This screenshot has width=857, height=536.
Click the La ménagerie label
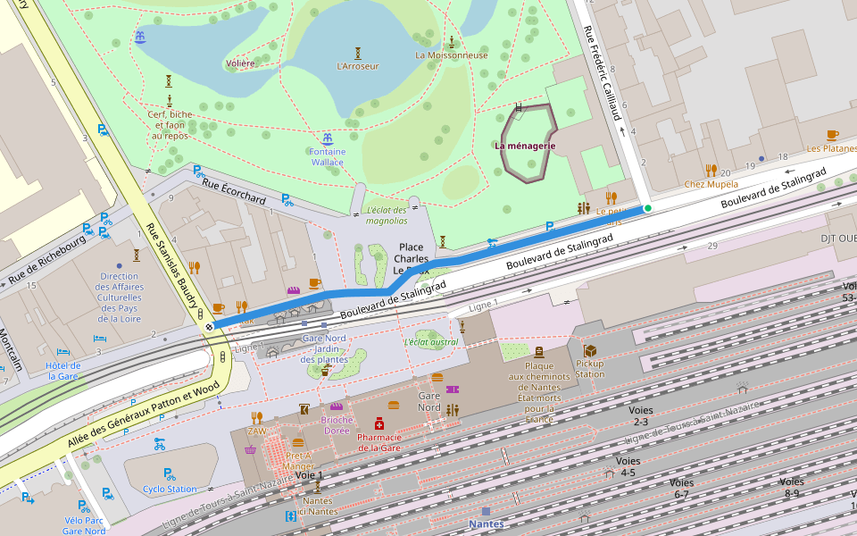click(x=525, y=146)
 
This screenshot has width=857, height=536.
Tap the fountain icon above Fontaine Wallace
click(x=328, y=138)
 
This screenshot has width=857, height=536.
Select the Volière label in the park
click(x=240, y=63)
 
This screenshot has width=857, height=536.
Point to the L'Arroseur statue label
click(x=357, y=66)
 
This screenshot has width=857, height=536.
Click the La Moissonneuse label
click(x=452, y=54)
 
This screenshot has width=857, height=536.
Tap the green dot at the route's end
click(x=648, y=208)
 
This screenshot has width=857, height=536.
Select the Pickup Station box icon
click(x=589, y=351)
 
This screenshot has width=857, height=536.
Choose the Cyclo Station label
click(x=170, y=489)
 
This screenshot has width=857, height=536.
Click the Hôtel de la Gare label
click(x=63, y=371)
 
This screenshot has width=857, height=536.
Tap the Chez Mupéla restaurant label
click(x=711, y=184)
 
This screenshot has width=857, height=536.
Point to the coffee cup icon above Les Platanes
click(x=832, y=135)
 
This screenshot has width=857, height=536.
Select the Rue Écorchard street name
click(x=234, y=189)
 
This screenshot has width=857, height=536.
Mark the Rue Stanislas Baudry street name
click(x=171, y=265)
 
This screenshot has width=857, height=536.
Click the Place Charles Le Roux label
click(x=412, y=258)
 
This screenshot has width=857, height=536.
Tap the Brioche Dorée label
click(x=337, y=425)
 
